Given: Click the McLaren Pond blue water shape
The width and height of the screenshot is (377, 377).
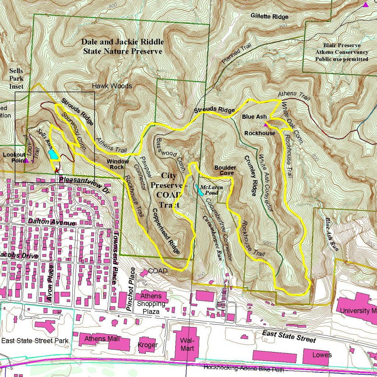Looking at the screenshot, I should (199, 191).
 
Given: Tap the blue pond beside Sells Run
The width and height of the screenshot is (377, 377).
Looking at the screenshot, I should (53, 155).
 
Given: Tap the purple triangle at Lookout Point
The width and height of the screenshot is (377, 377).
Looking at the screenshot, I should (27, 161).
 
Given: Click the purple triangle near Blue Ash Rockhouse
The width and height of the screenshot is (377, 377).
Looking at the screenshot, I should (266, 124).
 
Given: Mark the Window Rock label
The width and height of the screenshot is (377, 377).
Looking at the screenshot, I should (118, 164).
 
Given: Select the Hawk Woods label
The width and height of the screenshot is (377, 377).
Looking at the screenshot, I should (112, 86).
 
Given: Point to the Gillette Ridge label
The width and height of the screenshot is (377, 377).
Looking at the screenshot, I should (269, 16).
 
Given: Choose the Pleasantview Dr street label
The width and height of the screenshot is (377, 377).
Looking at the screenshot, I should (85, 180).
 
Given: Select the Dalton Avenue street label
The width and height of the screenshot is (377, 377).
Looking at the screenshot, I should (52, 222).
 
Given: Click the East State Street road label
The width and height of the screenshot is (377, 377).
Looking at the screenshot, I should (289, 336).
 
